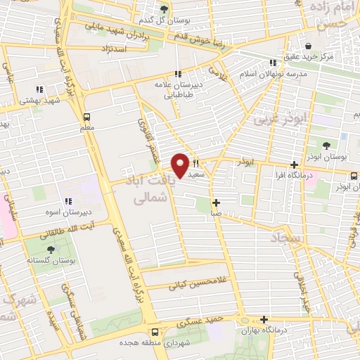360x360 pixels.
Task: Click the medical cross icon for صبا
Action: click(x=216, y=202)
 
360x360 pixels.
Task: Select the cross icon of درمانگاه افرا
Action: click(x=294, y=164)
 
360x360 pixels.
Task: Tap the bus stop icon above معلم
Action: click(x=86, y=117)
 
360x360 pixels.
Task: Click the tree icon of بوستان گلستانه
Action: click(x=51, y=250)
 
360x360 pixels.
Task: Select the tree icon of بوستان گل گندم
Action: click(x=164, y=8)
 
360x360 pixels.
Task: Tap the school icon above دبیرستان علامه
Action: click(x=179, y=73)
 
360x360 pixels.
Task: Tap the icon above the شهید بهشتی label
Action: click(x=39, y=89)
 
